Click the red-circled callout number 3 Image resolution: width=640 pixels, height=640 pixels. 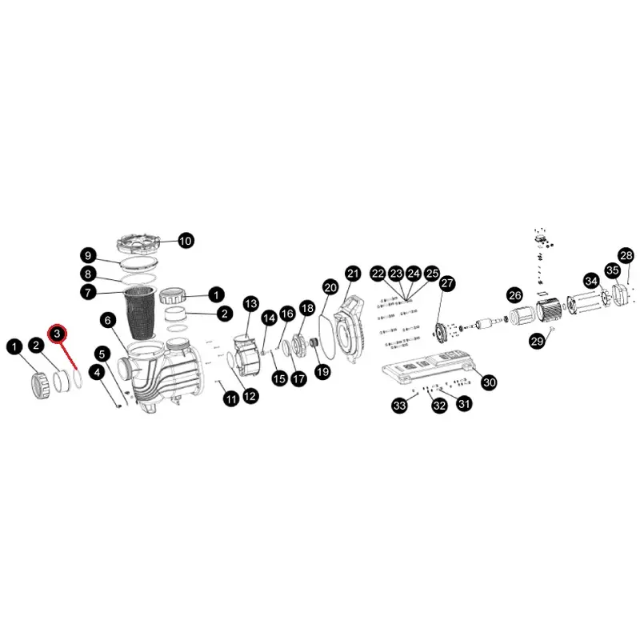tap(58, 333)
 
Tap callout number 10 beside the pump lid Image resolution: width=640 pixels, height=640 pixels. tap(185, 240)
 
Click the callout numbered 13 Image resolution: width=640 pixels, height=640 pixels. tap(250, 303)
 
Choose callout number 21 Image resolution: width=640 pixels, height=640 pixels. tap(353, 273)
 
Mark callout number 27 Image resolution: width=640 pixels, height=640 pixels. tap(446, 283)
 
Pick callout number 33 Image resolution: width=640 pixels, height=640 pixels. tap(399, 406)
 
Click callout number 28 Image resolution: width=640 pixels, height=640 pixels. tap(626, 255)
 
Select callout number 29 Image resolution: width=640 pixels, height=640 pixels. tap(536, 342)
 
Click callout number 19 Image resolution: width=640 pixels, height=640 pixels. tap(322, 371)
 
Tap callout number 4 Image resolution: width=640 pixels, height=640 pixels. tap(97, 372)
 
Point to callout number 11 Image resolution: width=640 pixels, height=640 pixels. tap(230, 398)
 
